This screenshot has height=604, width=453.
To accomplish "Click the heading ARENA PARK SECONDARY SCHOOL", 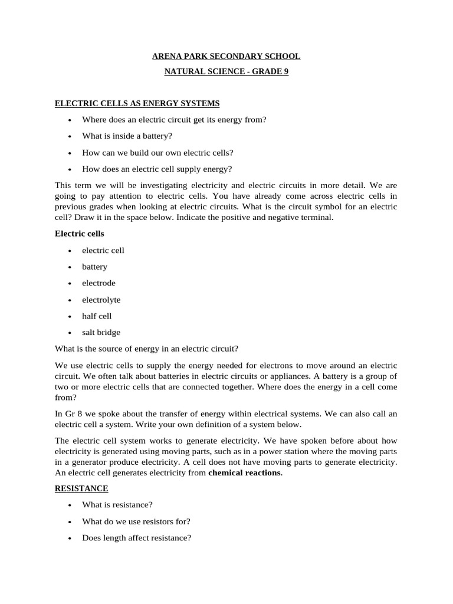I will (x=226, y=57).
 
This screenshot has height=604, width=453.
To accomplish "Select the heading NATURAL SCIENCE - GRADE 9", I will (x=226, y=72).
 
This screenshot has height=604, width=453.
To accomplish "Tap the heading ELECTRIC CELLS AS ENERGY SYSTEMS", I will (x=137, y=103).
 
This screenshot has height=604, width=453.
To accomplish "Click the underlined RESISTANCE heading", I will (x=81, y=489).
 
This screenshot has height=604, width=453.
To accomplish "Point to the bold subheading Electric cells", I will (x=79, y=234).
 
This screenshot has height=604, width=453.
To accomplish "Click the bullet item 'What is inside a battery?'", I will (x=127, y=136).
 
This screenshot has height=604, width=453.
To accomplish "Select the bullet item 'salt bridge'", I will (x=101, y=332).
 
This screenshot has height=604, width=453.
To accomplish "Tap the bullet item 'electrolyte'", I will (x=101, y=300).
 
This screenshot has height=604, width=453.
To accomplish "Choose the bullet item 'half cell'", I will (x=97, y=316).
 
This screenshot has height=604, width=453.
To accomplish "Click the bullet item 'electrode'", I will (x=99, y=283).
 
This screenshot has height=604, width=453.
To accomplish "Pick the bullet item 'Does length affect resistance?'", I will (x=136, y=538).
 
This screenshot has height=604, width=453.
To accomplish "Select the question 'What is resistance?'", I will (x=117, y=505).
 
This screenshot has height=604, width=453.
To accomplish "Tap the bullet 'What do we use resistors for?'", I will (x=136, y=521).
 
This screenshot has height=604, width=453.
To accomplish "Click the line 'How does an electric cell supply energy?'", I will (x=157, y=169).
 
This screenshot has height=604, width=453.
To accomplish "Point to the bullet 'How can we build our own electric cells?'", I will (x=157, y=152).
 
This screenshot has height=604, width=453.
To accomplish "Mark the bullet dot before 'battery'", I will (x=70, y=267).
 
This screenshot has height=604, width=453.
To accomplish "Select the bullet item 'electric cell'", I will (x=103, y=250).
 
